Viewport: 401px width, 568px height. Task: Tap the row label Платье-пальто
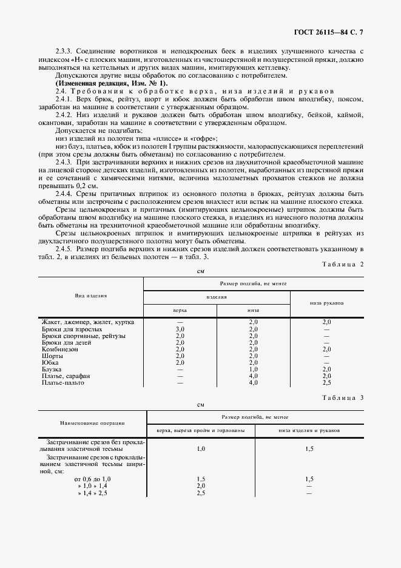pyautogui.click(x=63, y=383)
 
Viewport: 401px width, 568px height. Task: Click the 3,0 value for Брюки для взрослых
pyautogui.click(x=180, y=329)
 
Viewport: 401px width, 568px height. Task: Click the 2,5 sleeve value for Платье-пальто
pyautogui.click(x=326, y=383)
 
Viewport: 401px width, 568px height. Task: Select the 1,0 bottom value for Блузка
pyautogui.click(x=254, y=370)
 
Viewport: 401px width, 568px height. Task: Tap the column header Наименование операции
pyautogui.click(x=92, y=422)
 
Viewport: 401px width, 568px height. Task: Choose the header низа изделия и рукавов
pyautogui.click(x=309, y=430)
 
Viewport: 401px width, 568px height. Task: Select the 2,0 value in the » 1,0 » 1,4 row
pyautogui.click(x=201, y=486)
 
